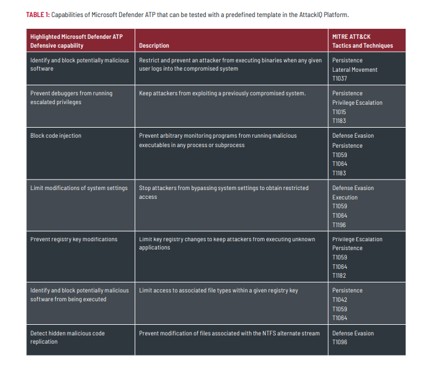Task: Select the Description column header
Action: [x=154, y=45]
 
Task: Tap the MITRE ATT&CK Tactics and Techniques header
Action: [x=362, y=41]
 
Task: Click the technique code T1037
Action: [x=340, y=79]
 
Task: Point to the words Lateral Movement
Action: [x=355, y=69]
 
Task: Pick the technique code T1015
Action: [x=340, y=112]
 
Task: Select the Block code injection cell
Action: [x=56, y=136]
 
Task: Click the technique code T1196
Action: [x=340, y=225]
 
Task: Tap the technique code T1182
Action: [x=340, y=276]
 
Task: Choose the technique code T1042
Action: [x=340, y=300]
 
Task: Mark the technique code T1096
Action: [x=340, y=342]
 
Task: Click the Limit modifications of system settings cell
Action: [x=79, y=188]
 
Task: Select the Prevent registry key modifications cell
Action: [x=73, y=239]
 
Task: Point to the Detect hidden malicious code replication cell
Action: [x=68, y=337]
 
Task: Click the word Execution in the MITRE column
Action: [x=345, y=198]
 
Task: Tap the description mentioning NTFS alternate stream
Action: [x=229, y=333]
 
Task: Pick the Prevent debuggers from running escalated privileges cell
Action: [x=71, y=98]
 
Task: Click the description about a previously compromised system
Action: [x=222, y=94]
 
